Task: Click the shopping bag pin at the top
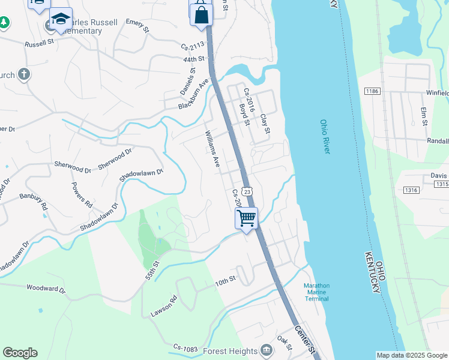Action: pyautogui.click(x=201, y=14)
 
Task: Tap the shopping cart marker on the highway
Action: pyautogui.click(x=246, y=218)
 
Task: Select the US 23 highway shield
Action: pyautogui.click(x=247, y=191)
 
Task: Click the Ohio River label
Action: pyautogui.click(x=325, y=136)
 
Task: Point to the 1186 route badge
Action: pyautogui.click(x=372, y=91)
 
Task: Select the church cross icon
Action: pyautogui.click(x=23, y=74)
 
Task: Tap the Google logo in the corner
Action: pyautogui.click(x=20, y=353)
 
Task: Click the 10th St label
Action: pyautogui.click(x=226, y=280)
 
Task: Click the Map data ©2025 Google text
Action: pyautogui.click(x=412, y=355)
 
